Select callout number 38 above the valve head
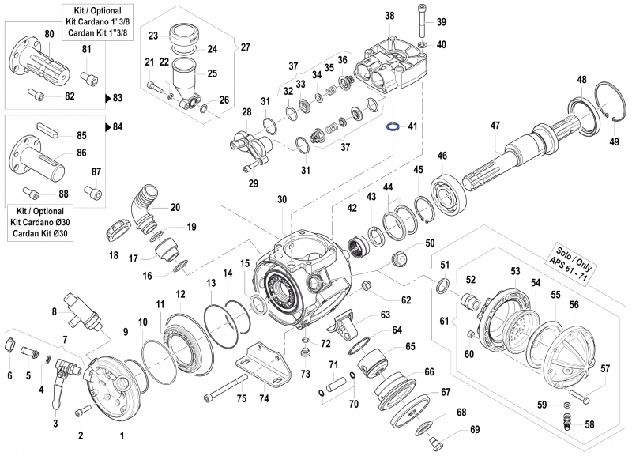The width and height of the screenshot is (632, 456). tap(389, 16)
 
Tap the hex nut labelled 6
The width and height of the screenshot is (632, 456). tap(12, 345)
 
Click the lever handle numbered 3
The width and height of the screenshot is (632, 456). tap(57, 391)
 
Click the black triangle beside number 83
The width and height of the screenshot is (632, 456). tap(108, 98)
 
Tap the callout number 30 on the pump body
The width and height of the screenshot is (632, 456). tap(282, 200)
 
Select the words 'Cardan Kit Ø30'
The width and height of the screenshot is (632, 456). tap(40, 233)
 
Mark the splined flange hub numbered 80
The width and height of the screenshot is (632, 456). tap(32, 58)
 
